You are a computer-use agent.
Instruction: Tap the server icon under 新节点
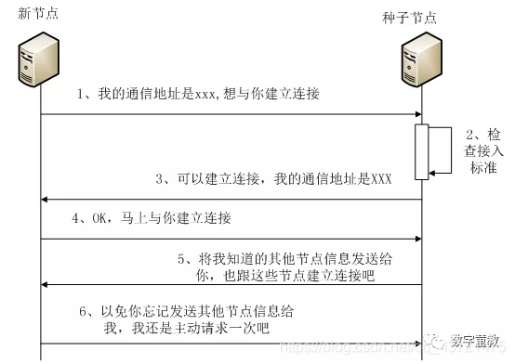click(39, 57)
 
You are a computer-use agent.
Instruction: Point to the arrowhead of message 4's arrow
click(416, 240)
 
